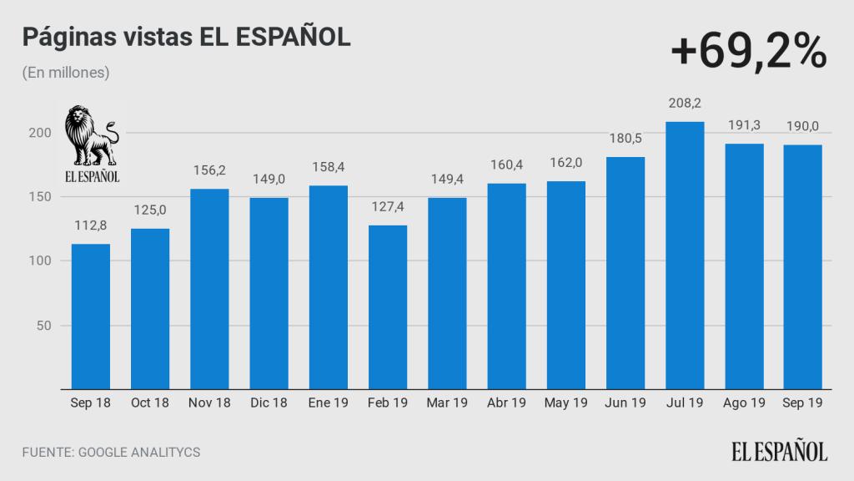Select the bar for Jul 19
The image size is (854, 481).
(x=685, y=256)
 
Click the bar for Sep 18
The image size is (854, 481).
(x=91, y=316)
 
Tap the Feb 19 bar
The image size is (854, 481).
(x=388, y=307)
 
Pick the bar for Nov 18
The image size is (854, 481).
(x=209, y=289)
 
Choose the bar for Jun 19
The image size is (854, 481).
(x=625, y=273)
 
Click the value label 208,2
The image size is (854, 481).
(x=685, y=104)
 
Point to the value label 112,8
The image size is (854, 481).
(x=91, y=226)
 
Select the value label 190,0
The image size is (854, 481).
(x=803, y=127)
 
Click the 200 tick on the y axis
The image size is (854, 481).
(x=43, y=133)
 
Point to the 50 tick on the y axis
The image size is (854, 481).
(x=46, y=326)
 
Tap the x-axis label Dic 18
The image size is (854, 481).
(x=269, y=403)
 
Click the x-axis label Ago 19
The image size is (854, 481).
(x=744, y=403)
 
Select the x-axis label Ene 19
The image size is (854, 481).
(x=329, y=403)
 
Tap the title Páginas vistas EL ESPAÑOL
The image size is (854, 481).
(x=186, y=38)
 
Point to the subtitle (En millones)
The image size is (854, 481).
(x=66, y=73)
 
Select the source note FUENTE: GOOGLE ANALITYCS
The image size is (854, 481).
(x=111, y=453)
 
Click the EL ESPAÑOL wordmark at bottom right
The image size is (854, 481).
(x=780, y=452)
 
